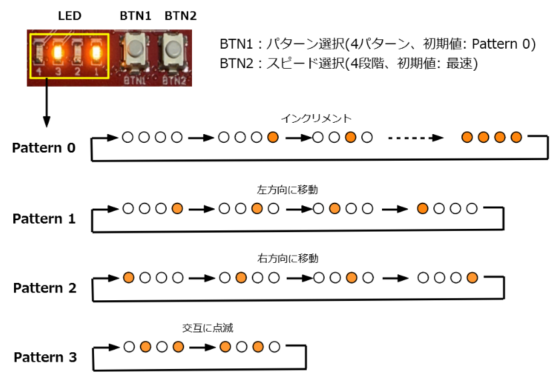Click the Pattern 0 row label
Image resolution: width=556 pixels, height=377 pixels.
click(x=43, y=147)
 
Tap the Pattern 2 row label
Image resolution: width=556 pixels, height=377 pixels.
click(x=45, y=288)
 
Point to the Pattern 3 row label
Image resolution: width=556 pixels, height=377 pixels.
click(x=45, y=357)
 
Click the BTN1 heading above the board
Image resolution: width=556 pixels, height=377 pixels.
click(x=135, y=15)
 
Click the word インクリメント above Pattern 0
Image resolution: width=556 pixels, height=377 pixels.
click(x=316, y=118)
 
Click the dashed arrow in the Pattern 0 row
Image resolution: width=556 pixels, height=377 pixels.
click(x=415, y=138)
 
